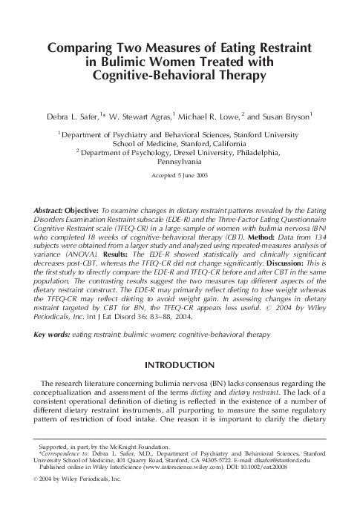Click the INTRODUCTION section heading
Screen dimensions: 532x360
(180, 365)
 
